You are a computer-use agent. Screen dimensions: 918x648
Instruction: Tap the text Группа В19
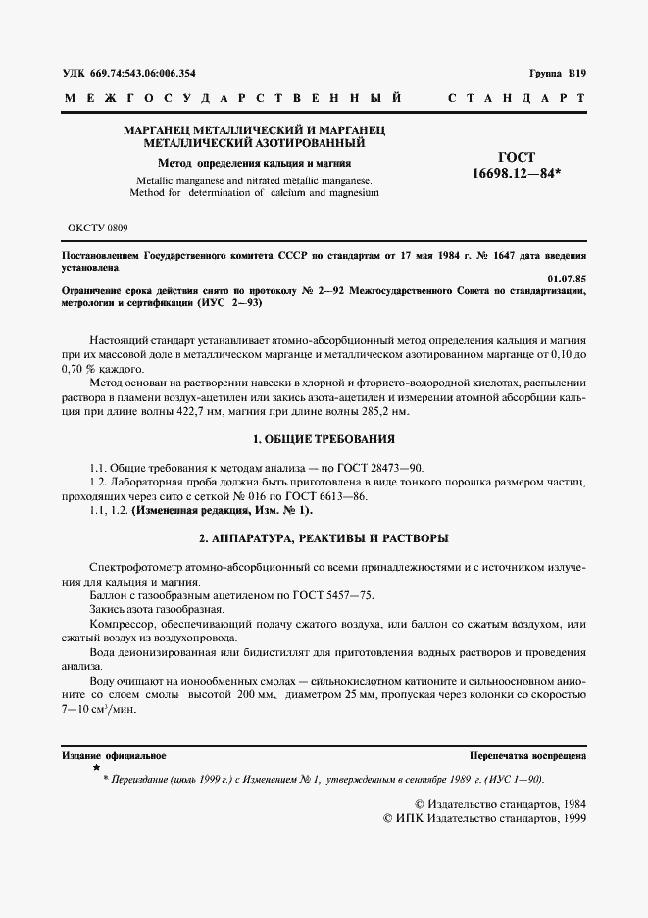[557, 74]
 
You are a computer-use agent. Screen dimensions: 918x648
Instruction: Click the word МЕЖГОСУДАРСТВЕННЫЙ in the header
[232, 99]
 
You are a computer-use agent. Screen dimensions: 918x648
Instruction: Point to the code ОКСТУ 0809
[96, 227]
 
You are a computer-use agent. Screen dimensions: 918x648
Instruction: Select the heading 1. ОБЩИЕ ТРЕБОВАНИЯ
[324, 438]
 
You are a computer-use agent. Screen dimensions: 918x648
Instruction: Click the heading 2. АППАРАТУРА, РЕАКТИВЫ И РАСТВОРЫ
[324, 538]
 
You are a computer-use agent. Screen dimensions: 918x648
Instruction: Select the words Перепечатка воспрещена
[527, 756]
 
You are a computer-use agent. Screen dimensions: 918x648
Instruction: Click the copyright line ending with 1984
[487, 802]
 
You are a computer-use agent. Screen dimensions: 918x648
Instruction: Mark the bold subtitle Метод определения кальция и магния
[255, 163]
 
